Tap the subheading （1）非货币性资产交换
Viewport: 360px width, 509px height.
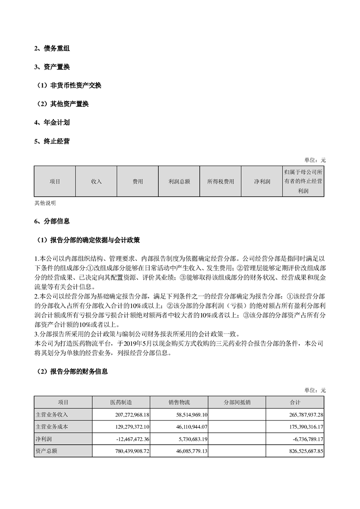69,85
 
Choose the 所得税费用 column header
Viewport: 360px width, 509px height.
221,181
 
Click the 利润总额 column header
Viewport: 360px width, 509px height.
179,181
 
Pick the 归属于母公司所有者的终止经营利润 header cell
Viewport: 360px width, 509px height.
303,181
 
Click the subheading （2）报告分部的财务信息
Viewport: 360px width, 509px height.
72,372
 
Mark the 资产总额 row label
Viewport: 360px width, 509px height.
46,452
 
